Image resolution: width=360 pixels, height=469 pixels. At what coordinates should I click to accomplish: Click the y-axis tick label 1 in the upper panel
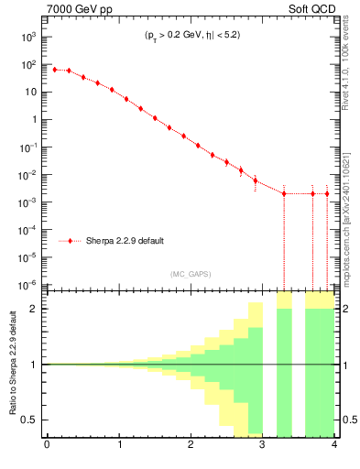click(35, 119)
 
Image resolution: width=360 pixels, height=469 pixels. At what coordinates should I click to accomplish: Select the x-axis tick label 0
click(47, 446)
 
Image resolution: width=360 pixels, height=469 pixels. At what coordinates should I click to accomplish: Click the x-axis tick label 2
click(190, 446)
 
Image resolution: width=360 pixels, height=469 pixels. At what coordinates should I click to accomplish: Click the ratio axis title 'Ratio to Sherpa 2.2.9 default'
click(11, 365)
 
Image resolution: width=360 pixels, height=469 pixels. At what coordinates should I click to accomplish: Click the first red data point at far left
click(54, 70)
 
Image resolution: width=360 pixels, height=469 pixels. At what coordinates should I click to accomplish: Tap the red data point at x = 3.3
click(284, 193)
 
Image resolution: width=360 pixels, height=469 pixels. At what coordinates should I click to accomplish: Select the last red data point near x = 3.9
click(327, 193)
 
